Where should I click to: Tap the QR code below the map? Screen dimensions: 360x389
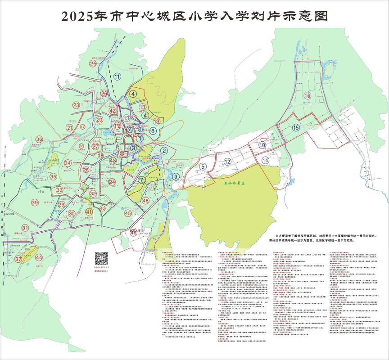pyautogui.click(x=101, y=259)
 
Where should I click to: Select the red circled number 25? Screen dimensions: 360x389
pyautogui.click(x=93, y=63)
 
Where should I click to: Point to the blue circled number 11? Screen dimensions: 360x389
pyautogui.click(x=118, y=76)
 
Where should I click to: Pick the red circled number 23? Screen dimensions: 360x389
pyautogui.click(x=76, y=105)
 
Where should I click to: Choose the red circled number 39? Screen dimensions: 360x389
pyautogui.click(x=35, y=203)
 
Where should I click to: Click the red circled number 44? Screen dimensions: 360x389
pyautogui.click(x=39, y=257)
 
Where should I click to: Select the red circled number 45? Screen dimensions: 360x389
pyautogui.click(x=128, y=213)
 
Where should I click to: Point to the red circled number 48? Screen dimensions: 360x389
pyautogui.click(x=145, y=201)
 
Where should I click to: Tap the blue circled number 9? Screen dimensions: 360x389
pyautogui.click(x=175, y=177)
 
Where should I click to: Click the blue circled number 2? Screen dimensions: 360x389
pyautogui.click(x=165, y=151)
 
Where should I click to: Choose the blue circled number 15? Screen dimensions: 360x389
pyautogui.click(x=295, y=127)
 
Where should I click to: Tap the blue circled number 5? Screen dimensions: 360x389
pyautogui.click(x=203, y=166)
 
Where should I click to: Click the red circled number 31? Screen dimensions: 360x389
pyautogui.click(x=26, y=229)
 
